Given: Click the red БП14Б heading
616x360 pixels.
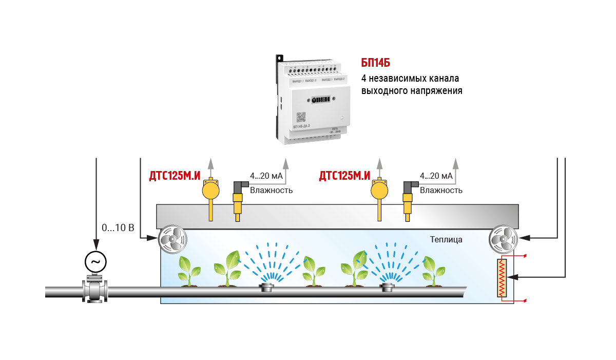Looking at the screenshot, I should (x=376, y=63).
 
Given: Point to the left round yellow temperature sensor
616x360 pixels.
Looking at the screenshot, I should (x=210, y=191).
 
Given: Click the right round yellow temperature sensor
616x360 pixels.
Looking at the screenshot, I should (x=380, y=191).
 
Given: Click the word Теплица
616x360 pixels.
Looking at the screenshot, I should (x=446, y=240).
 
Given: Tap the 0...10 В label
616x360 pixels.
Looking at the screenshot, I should (x=118, y=228).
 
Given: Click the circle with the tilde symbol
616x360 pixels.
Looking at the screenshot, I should (x=95, y=262).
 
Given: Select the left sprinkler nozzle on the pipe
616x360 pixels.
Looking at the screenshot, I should (x=267, y=287).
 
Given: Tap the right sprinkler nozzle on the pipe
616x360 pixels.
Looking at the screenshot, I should (x=387, y=287).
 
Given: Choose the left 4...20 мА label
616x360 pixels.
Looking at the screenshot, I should (x=266, y=176).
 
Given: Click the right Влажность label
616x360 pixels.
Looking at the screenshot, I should (x=441, y=191).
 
